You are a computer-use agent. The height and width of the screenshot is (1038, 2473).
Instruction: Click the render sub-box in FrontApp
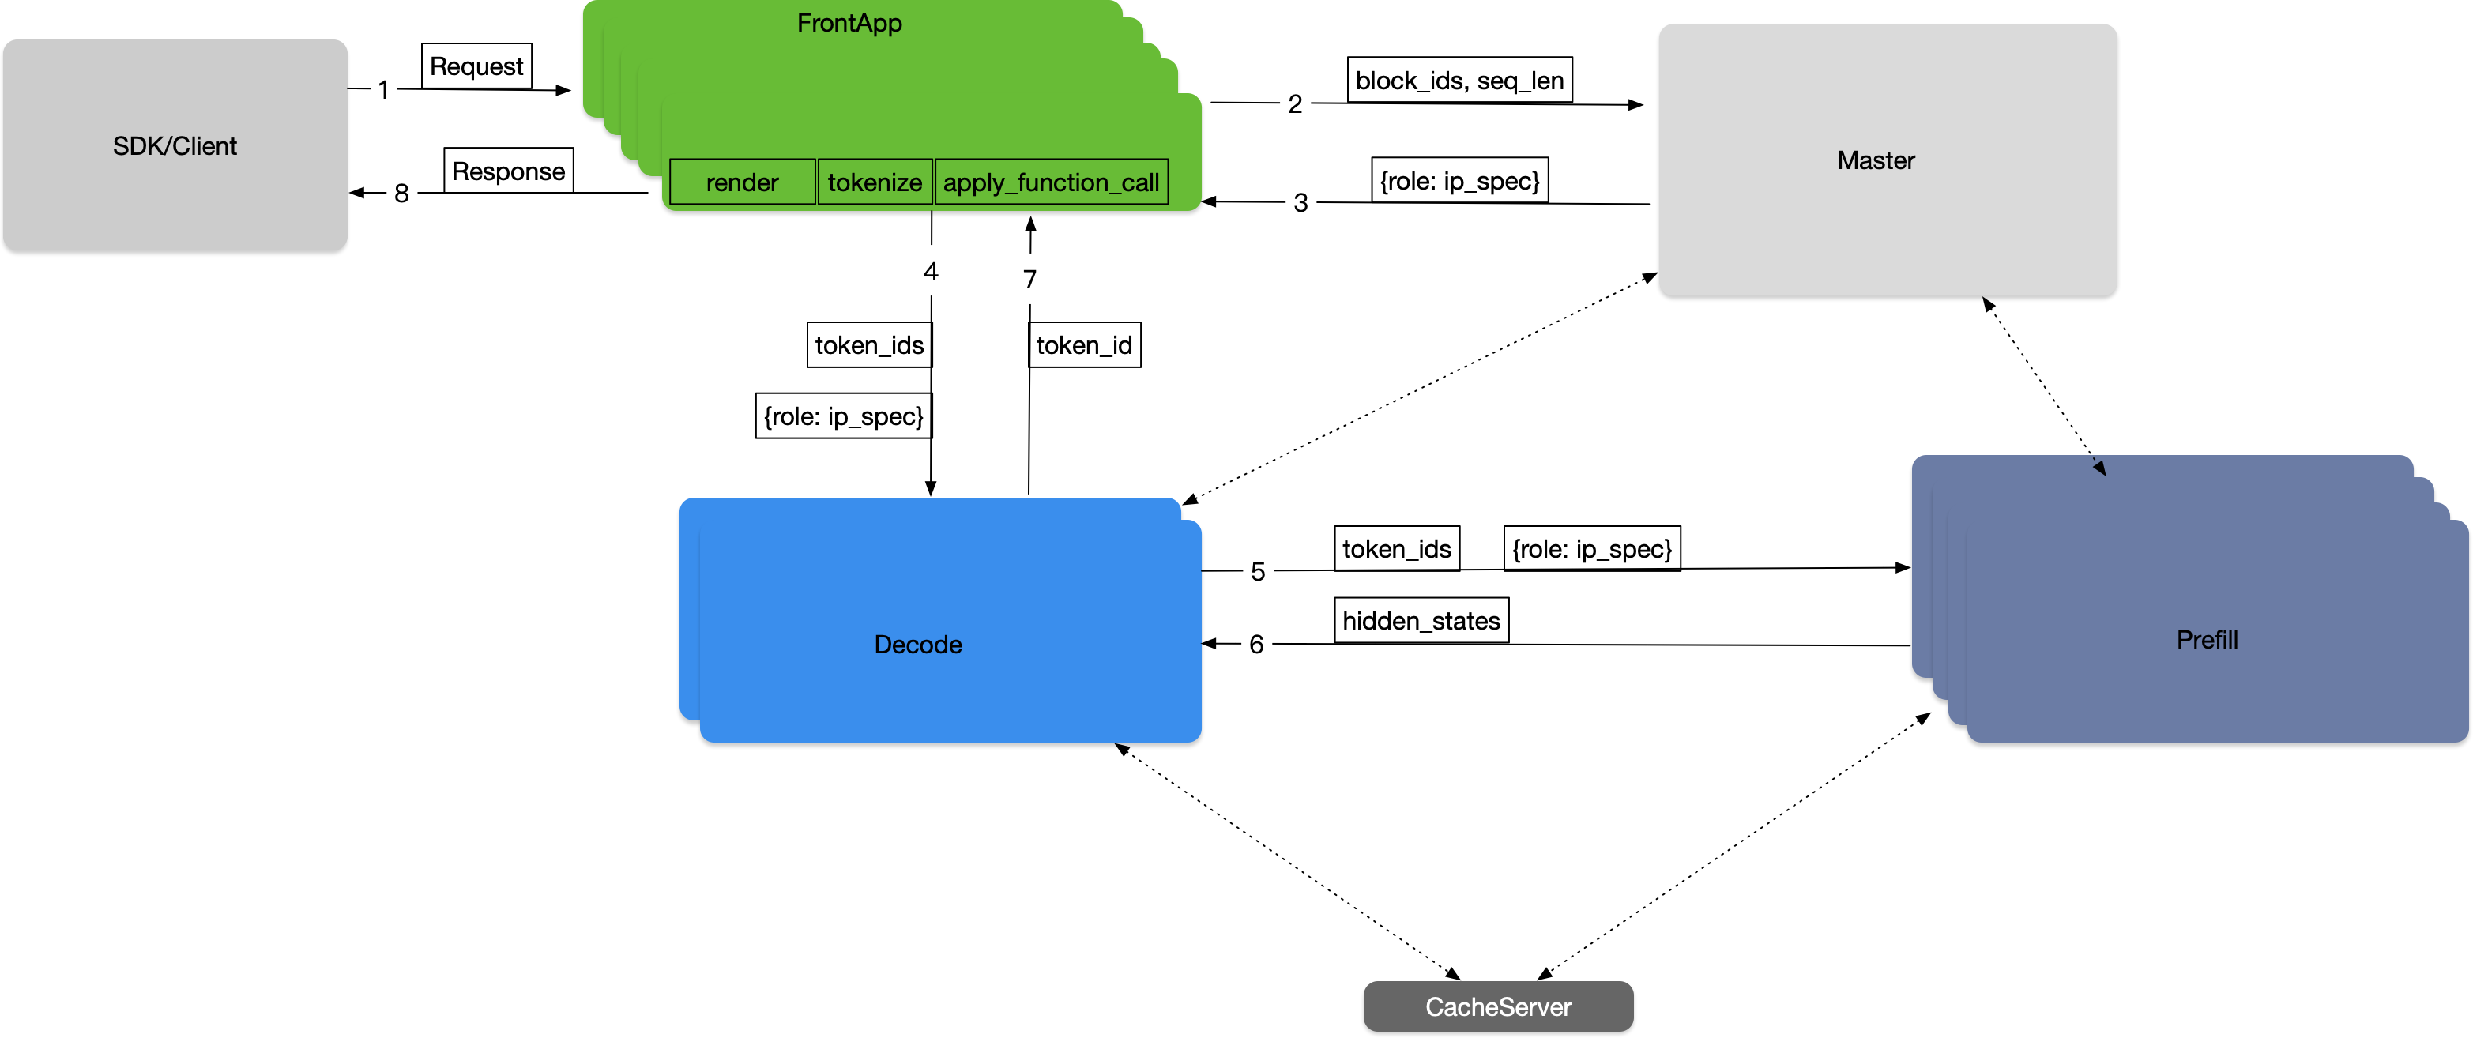click(x=742, y=182)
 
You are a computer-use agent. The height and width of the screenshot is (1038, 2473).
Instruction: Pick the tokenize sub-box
click(x=875, y=182)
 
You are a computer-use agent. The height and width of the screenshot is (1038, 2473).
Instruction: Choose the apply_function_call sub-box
click(x=1051, y=182)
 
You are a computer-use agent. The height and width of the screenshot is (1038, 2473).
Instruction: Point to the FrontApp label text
click(x=849, y=23)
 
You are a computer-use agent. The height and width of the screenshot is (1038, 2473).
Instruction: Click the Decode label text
click(x=918, y=645)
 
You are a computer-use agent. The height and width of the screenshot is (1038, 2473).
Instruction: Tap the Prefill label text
click(x=2207, y=640)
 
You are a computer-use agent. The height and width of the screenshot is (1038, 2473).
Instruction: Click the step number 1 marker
click(x=384, y=89)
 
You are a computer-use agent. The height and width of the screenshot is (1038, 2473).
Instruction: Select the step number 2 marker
click(x=1295, y=103)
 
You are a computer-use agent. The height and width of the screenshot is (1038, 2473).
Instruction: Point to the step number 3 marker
click(x=1300, y=201)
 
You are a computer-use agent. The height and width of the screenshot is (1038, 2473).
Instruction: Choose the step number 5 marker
click(x=1258, y=571)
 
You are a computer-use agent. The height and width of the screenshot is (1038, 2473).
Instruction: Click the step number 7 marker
click(x=1030, y=279)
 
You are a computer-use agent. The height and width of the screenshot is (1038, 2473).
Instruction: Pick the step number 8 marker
click(x=402, y=192)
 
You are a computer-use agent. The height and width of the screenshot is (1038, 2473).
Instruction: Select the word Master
click(x=1876, y=160)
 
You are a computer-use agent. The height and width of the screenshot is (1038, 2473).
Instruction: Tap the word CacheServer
click(x=1497, y=1006)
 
